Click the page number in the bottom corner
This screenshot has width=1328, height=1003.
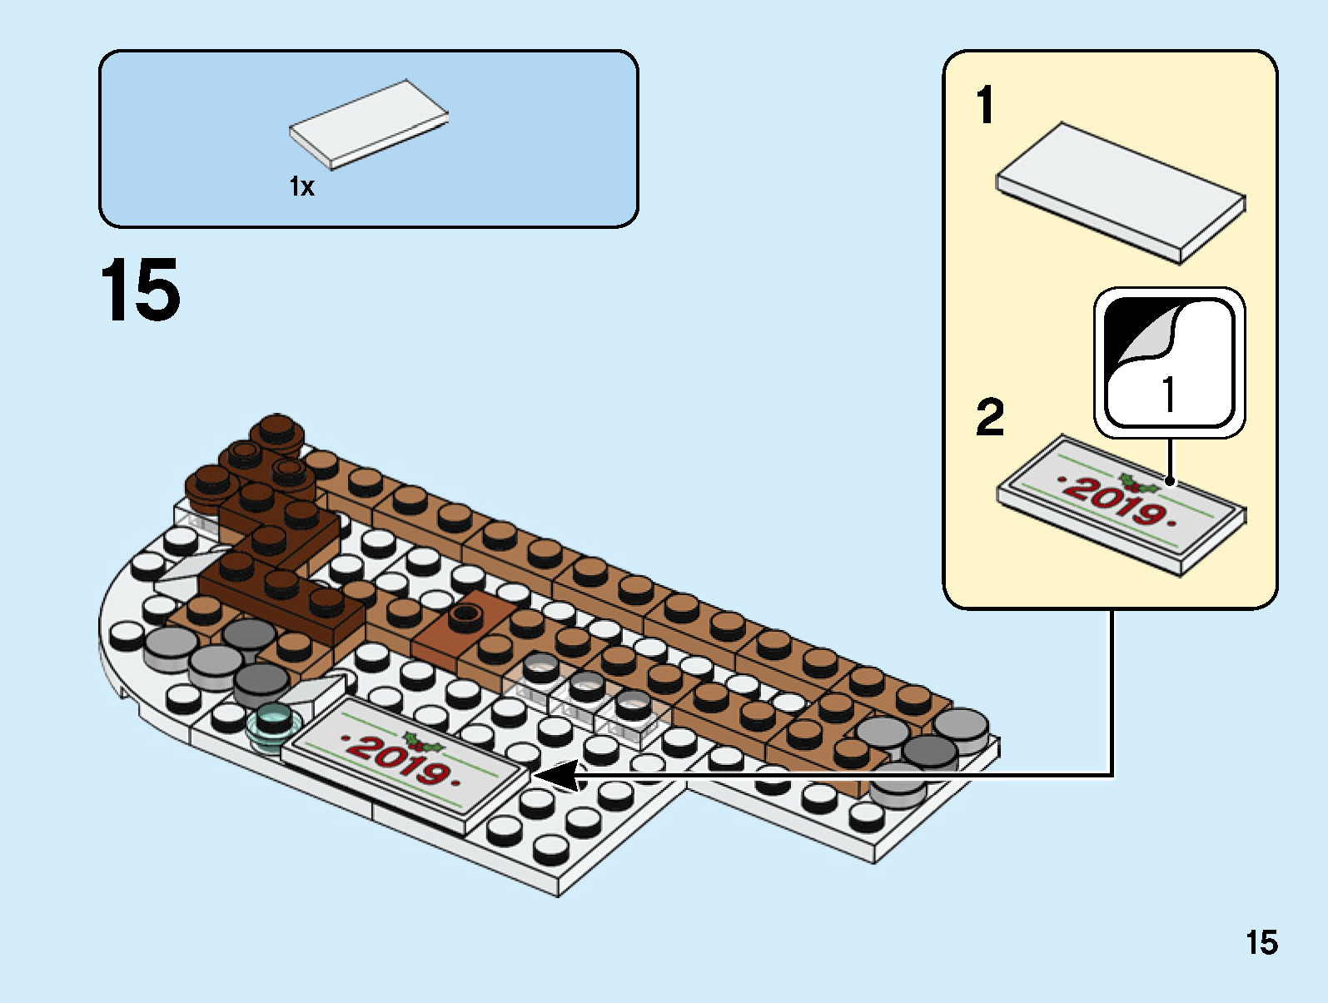point(1261,943)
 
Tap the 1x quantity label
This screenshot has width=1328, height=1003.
point(301,187)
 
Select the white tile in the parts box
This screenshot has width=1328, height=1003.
point(369,124)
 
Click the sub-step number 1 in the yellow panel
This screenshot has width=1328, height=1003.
point(985,107)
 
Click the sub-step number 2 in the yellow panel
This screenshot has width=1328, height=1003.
point(989,417)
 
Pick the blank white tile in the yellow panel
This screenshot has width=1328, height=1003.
point(1120,192)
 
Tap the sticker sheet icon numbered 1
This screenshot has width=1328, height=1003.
point(1169,363)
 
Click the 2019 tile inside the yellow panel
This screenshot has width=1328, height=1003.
point(1120,503)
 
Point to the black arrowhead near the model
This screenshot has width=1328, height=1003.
point(556,775)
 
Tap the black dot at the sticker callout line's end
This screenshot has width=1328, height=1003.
point(1170,481)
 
